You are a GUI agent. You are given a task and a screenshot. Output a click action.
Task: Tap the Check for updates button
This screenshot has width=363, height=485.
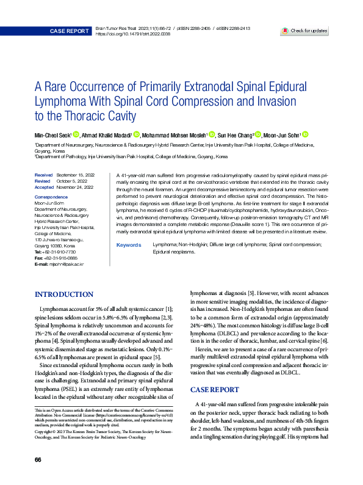305,31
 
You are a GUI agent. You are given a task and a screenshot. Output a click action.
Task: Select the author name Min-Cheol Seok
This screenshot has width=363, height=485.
52,135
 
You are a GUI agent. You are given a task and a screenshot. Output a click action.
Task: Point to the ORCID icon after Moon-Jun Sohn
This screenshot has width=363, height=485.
305,135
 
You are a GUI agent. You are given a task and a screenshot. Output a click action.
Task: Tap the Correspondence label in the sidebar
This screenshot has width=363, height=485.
52,197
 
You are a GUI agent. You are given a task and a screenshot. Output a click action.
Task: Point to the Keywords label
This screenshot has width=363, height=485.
128,244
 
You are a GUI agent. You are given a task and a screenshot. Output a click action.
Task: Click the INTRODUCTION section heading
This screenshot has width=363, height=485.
64,294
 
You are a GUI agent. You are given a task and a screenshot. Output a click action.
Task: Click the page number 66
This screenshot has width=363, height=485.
38,459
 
